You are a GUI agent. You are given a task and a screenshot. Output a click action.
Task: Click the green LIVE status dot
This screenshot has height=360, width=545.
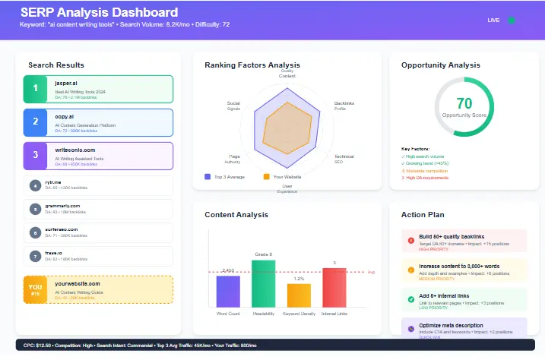(x=512, y=20)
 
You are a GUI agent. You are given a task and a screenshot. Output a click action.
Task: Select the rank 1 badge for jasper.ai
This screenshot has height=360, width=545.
(x=35, y=89)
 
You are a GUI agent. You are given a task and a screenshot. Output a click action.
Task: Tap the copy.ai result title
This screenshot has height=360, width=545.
(x=65, y=117)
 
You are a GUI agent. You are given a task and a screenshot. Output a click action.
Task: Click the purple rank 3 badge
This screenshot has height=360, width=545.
(x=35, y=156)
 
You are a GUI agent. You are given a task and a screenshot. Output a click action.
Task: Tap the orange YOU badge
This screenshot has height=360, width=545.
(x=35, y=289)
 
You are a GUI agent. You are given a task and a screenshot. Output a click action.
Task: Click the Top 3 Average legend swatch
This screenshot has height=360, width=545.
(x=208, y=176)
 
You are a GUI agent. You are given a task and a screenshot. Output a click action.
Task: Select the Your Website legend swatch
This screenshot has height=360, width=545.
(x=266, y=176)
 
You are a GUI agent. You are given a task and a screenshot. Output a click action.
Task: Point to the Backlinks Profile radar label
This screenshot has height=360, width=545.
(x=344, y=105)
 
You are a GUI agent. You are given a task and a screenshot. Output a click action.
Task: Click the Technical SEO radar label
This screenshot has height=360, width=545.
(x=344, y=159)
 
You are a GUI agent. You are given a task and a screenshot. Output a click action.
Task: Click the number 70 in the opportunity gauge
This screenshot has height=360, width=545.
(x=464, y=103)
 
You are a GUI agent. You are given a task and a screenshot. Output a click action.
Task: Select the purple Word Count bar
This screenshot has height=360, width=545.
(x=228, y=290)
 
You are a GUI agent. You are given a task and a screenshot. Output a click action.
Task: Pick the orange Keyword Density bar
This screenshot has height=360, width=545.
(x=299, y=294)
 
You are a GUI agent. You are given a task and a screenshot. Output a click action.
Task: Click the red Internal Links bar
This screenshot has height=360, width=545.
(x=334, y=286)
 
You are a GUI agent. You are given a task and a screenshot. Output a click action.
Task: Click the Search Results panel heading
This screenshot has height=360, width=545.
(x=56, y=65)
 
